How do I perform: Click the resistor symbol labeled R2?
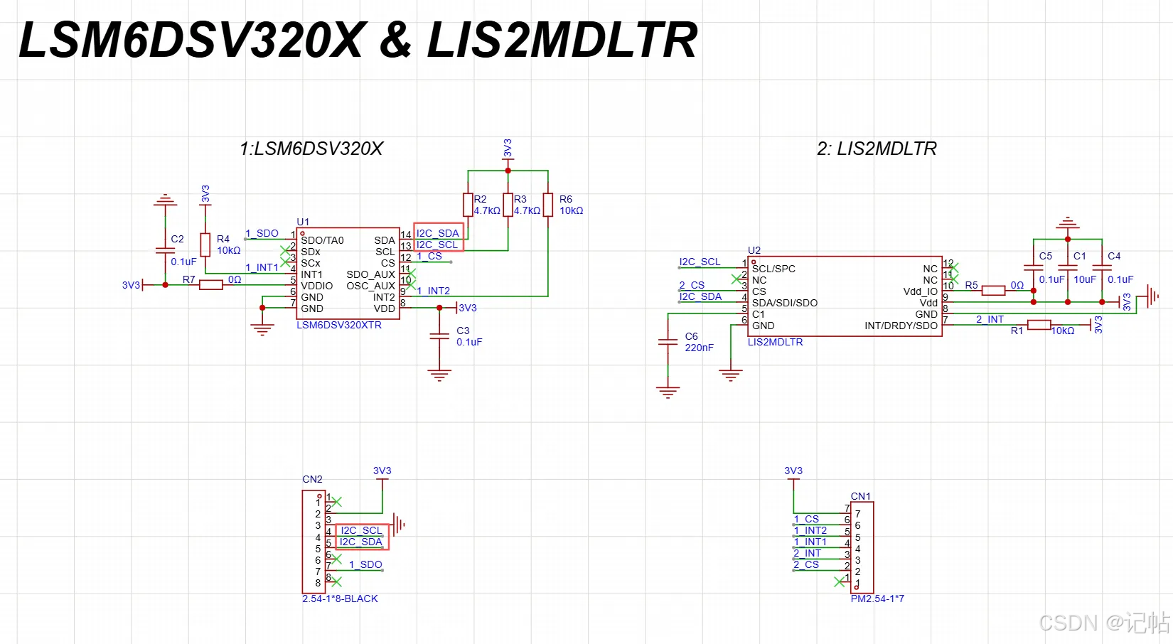click(x=468, y=205)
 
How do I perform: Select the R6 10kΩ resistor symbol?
click(x=547, y=205)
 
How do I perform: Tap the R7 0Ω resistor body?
click(x=210, y=285)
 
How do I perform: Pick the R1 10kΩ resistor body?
click(x=1039, y=325)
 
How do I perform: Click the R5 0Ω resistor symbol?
click(x=993, y=291)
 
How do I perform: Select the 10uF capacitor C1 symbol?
click(x=1068, y=267)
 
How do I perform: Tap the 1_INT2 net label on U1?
click(x=433, y=291)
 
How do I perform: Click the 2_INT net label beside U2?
click(x=990, y=319)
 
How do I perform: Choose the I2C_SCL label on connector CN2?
click(x=361, y=530)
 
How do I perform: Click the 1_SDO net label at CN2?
click(x=365, y=564)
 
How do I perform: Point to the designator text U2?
click(x=754, y=250)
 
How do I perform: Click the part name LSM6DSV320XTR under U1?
click(x=339, y=325)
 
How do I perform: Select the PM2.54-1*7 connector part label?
click(x=877, y=599)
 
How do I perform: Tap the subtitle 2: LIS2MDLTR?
click(x=877, y=149)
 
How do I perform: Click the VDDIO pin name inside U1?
click(x=317, y=286)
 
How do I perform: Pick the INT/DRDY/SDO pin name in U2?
click(x=901, y=326)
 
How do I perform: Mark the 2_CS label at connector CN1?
click(x=806, y=564)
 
